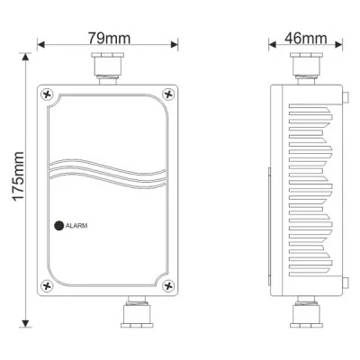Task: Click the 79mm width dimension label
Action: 109,38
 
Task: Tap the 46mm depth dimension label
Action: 306,38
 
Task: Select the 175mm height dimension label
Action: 18,176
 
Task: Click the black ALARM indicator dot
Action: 59,226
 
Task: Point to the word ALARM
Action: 76,226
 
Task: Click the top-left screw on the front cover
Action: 47,94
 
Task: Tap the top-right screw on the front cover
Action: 168,94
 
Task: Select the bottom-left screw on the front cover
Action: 47,286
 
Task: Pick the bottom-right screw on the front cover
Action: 168,286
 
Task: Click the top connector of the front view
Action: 107,68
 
